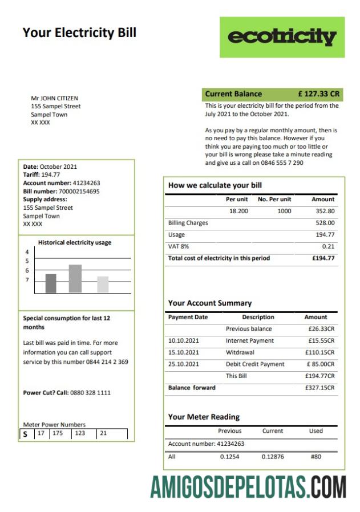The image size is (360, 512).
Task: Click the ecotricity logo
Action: point(282,37)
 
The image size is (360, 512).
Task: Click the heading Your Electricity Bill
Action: point(79,32)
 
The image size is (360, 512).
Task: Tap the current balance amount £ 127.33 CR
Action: point(318,94)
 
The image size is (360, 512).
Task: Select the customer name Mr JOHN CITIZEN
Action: point(54,98)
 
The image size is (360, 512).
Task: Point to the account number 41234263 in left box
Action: point(86,183)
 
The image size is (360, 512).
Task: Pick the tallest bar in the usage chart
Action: point(75,278)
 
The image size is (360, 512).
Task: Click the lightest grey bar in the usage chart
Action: point(103,284)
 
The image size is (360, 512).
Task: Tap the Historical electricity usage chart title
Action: point(75,242)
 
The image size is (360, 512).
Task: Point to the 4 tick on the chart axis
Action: point(27,252)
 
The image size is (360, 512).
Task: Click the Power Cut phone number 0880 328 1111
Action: point(90,393)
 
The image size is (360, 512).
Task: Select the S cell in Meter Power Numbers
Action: point(25,434)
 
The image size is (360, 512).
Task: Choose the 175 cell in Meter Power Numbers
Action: point(58,433)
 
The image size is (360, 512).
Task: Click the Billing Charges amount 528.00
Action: point(325,223)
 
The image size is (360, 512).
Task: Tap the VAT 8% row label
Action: point(179,246)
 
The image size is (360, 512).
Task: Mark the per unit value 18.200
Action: point(238,211)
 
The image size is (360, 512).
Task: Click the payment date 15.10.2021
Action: point(184,352)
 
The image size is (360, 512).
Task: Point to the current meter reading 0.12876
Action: point(273,457)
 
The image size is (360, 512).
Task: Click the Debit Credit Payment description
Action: point(255,364)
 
